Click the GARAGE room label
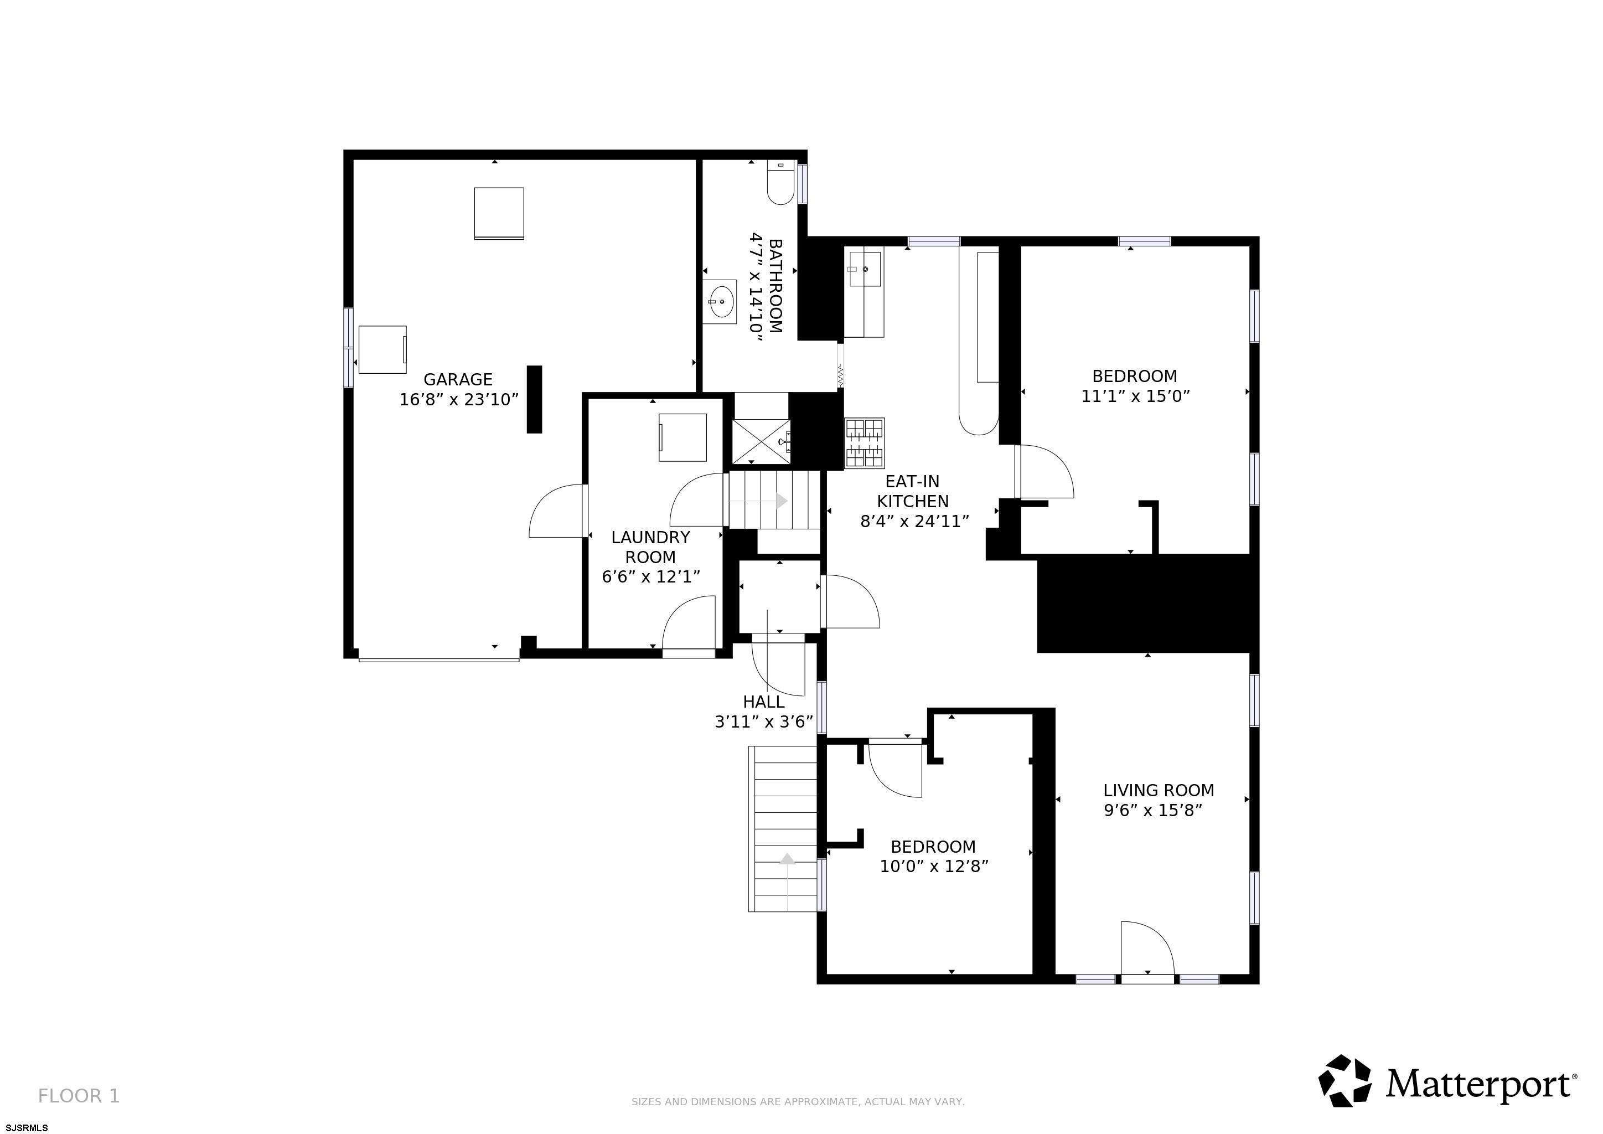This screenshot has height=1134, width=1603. (458, 379)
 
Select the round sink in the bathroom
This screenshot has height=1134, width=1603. (719, 302)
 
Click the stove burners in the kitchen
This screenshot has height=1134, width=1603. (865, 443)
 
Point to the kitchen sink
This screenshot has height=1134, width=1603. (865, 269)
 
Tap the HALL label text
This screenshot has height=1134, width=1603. (764, 702)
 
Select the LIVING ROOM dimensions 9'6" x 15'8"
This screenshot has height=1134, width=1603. (1152, 810)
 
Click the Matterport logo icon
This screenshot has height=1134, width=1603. (1344, 1080)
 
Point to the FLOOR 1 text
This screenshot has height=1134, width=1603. (79, 1096)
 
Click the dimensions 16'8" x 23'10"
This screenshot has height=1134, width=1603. (459, 399)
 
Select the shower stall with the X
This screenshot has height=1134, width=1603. (761, 441)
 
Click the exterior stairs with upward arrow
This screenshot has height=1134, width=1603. (783, 829)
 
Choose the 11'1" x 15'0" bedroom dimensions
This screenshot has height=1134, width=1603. (1135, 396)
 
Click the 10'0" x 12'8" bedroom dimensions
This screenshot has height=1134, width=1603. (934, 867)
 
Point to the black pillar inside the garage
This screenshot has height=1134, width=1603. (534, 399)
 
